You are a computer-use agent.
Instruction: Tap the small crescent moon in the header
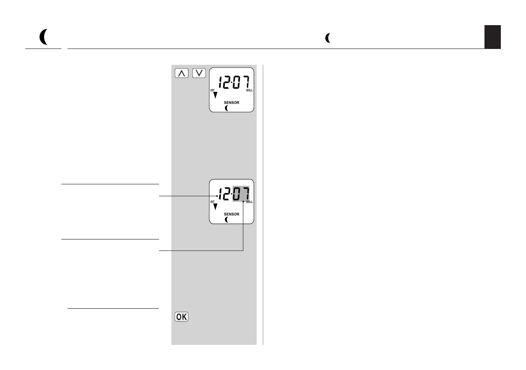pyautogui.click(x=327, y=38)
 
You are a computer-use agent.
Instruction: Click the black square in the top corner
pyautogui.click(x=492, y=37)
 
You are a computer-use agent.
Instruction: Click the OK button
pyautogui.click(x=182, y=317)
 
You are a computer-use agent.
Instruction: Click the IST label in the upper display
pyautogui.click(x=213, y=90)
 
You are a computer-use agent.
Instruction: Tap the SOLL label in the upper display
pyautogui.click(x=250, y=90)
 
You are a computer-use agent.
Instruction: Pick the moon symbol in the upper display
pyautogui.click(x=227, y=108)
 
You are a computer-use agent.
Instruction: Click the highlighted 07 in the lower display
pyautogui.click(x=242, y=194)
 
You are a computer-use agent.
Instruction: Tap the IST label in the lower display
pyautogui.click(x=212, y=202)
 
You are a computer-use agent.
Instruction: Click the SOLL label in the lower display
pyautogui.click(x=250, y=202)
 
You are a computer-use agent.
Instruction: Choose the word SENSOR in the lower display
pyautogui.click(x=231, y=214)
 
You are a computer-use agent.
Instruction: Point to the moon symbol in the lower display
pyautogui.click(x=227, y=219)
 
